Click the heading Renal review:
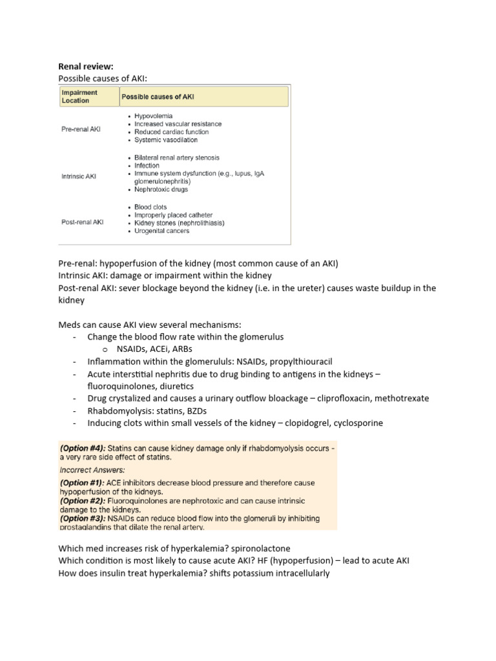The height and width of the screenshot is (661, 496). pos(86,66)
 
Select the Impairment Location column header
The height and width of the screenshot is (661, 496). pos(76,97)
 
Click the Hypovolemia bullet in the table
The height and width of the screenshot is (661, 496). pos(153,116)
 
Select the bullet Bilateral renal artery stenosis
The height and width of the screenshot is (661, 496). pos(176,158)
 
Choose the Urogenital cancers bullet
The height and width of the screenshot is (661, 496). pos(161,231)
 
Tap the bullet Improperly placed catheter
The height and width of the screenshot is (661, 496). pos(173,215)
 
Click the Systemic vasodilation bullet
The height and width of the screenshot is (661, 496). pos(165,140)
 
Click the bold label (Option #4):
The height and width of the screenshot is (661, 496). pos(83,448)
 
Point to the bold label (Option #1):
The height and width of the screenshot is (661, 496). pos(83,483)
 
